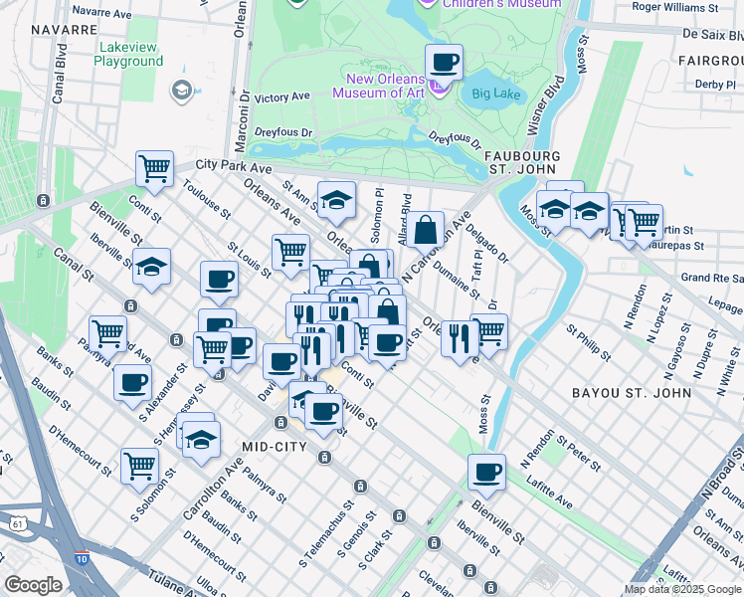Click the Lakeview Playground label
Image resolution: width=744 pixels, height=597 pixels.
point(128,54)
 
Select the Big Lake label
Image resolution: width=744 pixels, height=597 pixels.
point(495,96)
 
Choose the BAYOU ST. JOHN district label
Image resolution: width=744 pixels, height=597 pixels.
point(632,393)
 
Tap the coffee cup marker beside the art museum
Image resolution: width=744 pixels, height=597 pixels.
point(444,64)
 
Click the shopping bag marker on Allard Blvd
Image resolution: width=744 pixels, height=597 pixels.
point(425,230)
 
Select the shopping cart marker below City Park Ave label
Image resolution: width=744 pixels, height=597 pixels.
point(154,170)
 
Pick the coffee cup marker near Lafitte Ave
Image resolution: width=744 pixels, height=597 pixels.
point(486,473)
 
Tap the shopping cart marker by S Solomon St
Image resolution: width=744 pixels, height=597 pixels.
point(139,465)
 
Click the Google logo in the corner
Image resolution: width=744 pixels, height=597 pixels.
point(33,585)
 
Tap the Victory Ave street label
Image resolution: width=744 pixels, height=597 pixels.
point(282,98)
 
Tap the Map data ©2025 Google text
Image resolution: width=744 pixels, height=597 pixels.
point(681,588)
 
